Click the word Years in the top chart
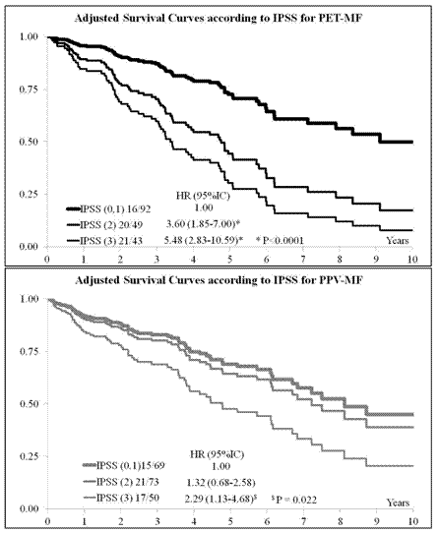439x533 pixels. (396, 239)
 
